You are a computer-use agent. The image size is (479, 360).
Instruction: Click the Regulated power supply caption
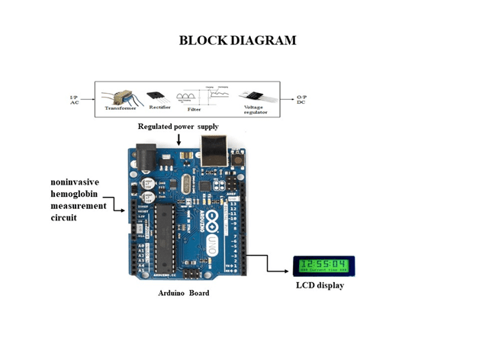tap(178, 125)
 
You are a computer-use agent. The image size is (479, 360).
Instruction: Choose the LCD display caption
tap(320, 285)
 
